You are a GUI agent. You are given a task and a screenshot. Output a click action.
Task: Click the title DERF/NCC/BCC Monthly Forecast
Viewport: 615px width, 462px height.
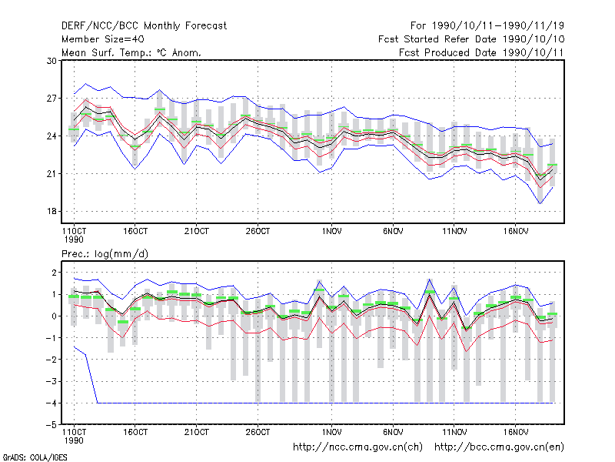[x=144, y=26]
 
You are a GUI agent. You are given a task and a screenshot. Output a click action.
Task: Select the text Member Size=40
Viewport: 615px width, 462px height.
[x=103, y=39]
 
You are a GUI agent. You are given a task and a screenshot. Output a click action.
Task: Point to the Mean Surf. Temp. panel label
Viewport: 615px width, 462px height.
[x=131, y=52]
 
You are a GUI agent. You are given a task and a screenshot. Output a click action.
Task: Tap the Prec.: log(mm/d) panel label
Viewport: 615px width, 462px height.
[x=105, y=254]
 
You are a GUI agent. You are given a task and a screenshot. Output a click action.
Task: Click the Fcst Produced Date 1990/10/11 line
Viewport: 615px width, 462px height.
[x=481, y=52]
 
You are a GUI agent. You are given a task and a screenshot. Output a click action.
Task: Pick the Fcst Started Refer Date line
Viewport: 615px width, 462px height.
[x=471, y=39]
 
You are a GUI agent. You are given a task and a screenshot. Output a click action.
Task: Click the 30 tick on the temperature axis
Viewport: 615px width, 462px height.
[x=52, y=61]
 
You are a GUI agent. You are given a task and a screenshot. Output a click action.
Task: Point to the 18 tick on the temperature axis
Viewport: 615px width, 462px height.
[x=52, y=211]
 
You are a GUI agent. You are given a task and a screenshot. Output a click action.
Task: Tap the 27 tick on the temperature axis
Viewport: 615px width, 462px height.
[x=52, y=99]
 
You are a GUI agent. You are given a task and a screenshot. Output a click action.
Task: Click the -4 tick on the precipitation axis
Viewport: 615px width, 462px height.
[x=51, y=403]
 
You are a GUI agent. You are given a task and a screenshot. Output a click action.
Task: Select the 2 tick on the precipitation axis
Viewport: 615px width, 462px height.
[x=54, y=273]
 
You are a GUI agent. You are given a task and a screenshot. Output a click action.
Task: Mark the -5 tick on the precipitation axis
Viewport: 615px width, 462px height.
[x=51, y=425]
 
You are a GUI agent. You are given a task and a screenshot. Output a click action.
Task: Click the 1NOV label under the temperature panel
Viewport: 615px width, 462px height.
[x=331, y=232]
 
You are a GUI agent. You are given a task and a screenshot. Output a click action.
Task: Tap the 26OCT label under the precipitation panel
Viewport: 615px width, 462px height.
[x=258, y=432]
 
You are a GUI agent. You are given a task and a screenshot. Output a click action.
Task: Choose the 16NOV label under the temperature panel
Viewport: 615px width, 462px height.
[x=515, y=232]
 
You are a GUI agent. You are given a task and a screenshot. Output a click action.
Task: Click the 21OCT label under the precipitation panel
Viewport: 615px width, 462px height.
[x=197, y=432]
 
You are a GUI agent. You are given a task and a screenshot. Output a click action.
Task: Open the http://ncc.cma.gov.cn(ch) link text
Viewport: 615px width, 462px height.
[x=357, y=447]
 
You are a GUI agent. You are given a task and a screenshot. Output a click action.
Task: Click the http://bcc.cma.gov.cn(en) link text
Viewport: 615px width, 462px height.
[x=499, y=447]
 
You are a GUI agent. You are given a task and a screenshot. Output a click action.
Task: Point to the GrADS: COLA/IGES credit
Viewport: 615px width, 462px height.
[x=35, y=457]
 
